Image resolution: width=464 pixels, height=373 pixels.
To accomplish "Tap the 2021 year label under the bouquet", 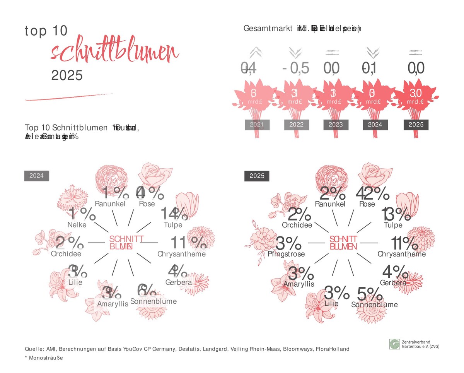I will tap(257, 125).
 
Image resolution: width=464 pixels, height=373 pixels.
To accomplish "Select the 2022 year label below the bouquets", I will tap(297, 125).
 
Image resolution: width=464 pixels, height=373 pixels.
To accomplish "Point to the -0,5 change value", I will tap(296, 68).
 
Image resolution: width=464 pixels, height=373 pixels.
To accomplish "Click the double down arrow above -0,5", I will tap(296, 52).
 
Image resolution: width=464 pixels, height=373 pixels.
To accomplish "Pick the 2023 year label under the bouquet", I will tap(336, 125).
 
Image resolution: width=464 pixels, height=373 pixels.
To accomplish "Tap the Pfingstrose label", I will tap(286, 254).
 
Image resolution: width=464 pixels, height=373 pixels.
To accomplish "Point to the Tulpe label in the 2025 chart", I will tap(393, 225).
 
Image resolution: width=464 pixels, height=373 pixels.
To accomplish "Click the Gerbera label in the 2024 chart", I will tap(178, 282).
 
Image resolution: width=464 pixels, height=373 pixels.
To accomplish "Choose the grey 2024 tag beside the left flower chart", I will tap(37, 176).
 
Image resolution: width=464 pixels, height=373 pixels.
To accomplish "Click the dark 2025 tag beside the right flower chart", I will tap(257, 176).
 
